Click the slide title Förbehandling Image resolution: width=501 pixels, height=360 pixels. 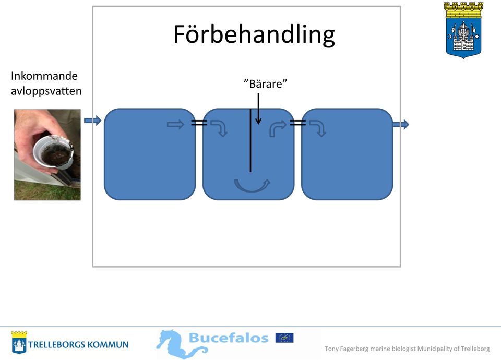click(x=254, y=34)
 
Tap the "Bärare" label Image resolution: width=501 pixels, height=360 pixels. click(x=265, y=83)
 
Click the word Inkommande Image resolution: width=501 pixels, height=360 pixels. click(x=44, y=76)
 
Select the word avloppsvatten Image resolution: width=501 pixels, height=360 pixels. click(x=46, y=91)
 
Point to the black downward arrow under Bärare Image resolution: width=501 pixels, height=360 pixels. click(x=258, y=109)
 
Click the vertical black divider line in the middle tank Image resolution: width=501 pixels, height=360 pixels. click(x=250, y=140)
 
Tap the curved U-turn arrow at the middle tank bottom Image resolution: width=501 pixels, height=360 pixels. click(x=252, y=185)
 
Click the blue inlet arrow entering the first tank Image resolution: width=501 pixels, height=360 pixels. click(x=93, y=121)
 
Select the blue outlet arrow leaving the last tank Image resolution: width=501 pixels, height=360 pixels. click(x=401, y=124)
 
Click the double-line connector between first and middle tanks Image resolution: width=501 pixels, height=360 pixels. click(x=199, y=122)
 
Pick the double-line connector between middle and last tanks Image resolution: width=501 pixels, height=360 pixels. click(x=298, y=122)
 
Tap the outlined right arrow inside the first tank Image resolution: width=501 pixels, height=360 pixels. click(x=176, y=124)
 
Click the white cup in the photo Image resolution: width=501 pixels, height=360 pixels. click(x=53, y=152)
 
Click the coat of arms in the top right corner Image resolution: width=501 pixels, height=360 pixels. click(x=463, y=30)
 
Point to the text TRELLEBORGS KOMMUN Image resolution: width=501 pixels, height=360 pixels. click(x=78, y=345)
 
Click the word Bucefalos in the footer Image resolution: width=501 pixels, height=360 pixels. click(x=229, y=338)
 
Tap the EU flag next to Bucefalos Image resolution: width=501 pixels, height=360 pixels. click(x=284, y=338)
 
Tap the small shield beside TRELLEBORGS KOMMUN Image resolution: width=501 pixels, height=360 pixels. click(x=19, y=342)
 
